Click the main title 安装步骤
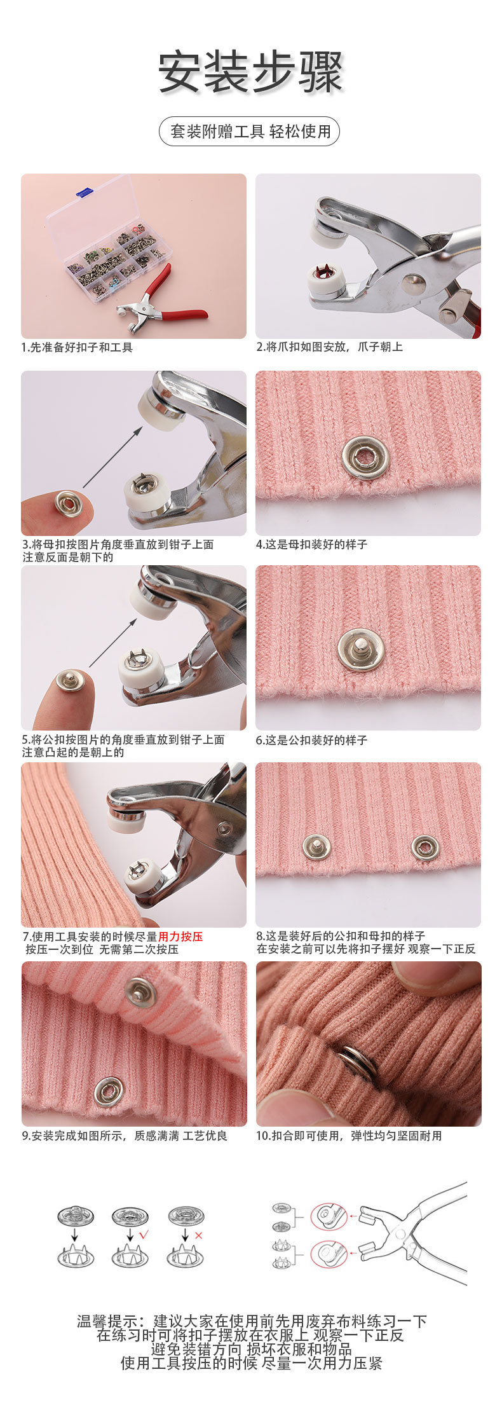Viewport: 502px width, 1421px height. (250, 72)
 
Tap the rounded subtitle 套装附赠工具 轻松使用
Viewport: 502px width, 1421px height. (250, 132)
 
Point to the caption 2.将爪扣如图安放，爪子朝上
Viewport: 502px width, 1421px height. (329, 347)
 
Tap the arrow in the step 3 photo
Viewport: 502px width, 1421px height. (112, 457)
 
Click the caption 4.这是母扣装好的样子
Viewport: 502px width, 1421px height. (311, 544)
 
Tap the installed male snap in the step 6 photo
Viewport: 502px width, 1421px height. (360, 649)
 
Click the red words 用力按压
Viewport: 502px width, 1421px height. (180, 937)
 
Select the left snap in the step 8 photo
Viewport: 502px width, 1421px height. (316, 847)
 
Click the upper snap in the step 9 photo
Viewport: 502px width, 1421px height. (140, 992)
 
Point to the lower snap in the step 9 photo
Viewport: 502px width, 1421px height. (108, 1092)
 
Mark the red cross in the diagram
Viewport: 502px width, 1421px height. (198, 1235)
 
